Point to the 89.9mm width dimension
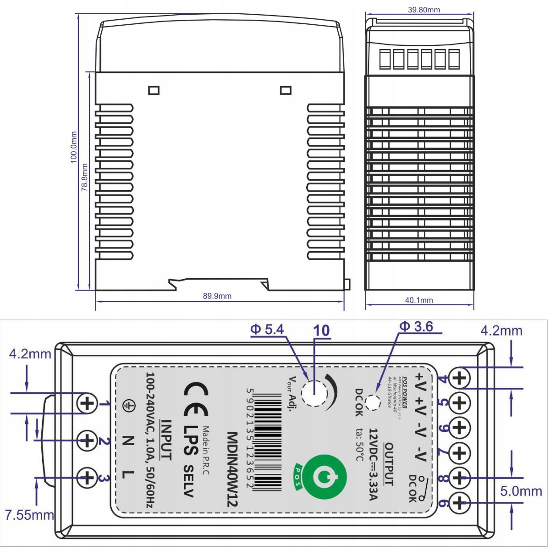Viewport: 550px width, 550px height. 217,296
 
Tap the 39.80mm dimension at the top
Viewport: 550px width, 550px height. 423,10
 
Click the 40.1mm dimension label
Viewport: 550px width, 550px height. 418,300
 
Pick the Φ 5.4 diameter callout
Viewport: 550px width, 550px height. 267,330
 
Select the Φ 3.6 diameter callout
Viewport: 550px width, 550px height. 416,326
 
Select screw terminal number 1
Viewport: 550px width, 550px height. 87,404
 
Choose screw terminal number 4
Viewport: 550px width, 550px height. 459,378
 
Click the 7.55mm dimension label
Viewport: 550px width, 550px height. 29,514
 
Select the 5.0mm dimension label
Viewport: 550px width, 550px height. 521,491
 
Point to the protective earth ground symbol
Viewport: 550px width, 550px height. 129,404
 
